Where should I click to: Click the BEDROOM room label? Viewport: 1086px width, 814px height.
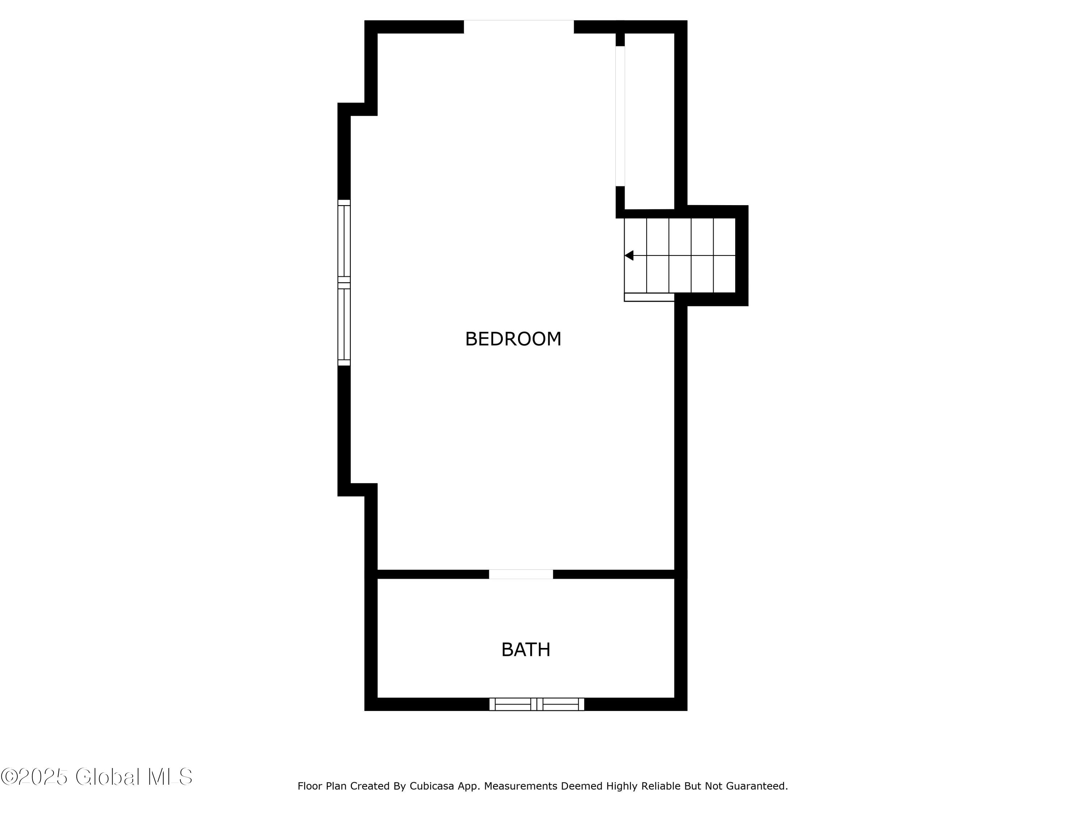[513, 339]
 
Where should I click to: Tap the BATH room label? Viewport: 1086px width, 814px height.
[526, 650]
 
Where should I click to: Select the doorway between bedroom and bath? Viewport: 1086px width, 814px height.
[521, 574]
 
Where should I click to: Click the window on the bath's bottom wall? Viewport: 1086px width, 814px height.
[536, 704]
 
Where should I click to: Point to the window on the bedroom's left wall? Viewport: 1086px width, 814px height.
[344, 283]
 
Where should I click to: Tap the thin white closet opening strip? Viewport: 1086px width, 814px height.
[620, 116]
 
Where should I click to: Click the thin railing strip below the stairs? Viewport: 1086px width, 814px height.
[649, 297]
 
